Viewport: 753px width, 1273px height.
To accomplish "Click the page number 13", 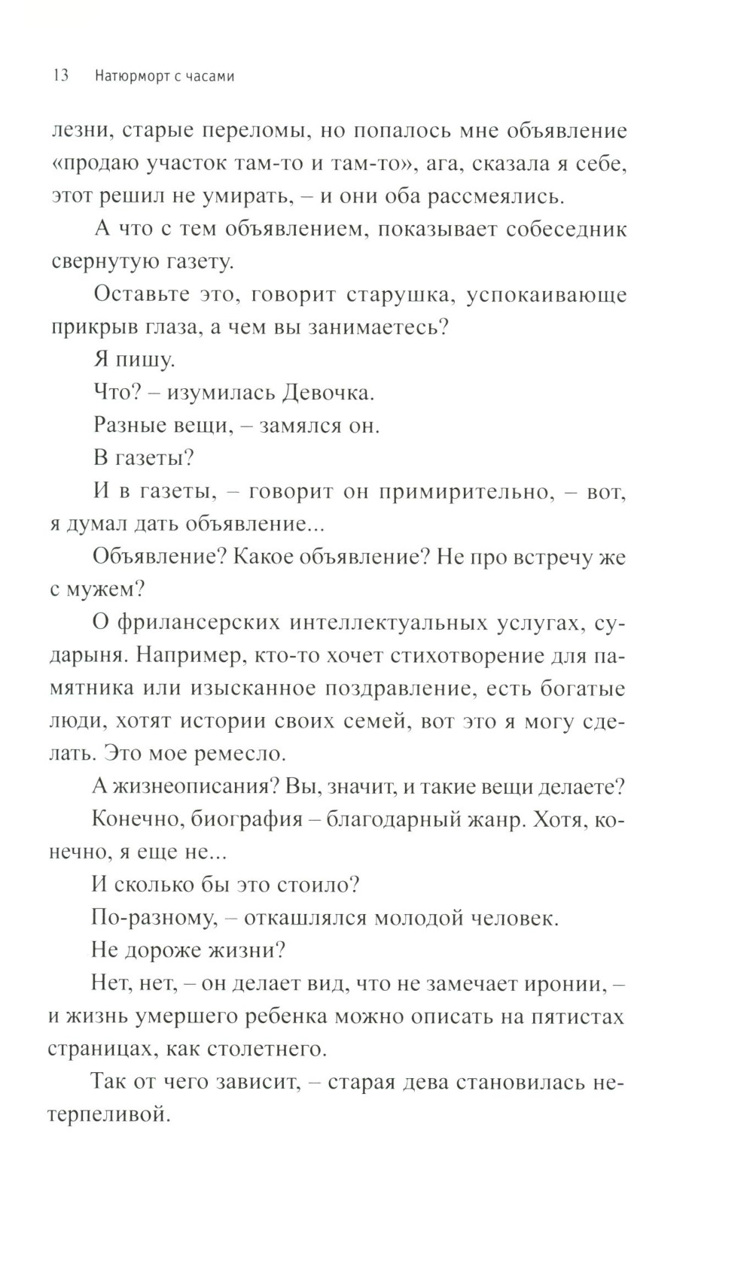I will [x=61, y=76].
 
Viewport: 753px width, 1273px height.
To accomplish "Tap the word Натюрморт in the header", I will [x=133, y=76].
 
